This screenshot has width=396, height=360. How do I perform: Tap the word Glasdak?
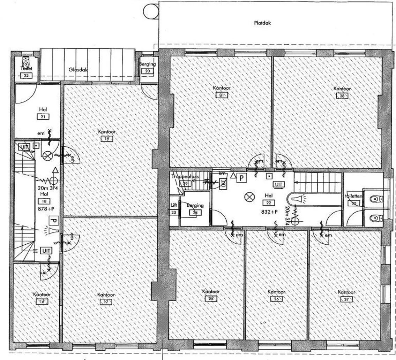click(78, 70)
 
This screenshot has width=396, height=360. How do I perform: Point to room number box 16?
click(42, 301)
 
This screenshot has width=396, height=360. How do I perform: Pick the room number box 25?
click(210, 299)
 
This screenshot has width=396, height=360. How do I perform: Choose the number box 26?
click(276, 299)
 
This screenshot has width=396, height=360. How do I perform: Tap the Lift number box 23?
click(173, 212)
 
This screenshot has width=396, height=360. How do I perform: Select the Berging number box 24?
click(194, 212)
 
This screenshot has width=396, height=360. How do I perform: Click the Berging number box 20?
click(147, 71)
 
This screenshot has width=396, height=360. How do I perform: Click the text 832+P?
click(269, 211)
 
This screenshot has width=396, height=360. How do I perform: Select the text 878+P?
click(44, 209)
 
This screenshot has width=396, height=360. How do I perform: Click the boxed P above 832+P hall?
click(241, 178)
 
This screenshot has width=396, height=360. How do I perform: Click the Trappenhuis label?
click(185, 177)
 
